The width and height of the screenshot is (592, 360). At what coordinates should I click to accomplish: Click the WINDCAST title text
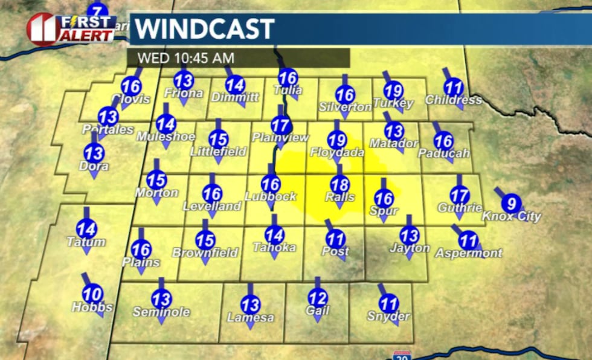[204, 29]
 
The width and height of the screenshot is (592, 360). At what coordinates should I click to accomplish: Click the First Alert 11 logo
[71, 28]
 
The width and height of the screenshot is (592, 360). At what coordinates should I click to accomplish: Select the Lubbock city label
[271, 196]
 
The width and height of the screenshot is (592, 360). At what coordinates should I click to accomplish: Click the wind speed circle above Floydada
[337, 140]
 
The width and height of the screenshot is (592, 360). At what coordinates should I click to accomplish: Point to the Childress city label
[453, 100]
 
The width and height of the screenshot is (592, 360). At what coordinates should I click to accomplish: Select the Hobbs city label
[92, 307]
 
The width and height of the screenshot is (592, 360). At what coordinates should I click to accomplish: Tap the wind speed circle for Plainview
[280, 125]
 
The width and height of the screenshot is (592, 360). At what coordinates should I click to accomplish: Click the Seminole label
[161, 312]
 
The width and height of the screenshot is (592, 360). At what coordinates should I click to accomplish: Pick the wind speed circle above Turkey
[393, 89]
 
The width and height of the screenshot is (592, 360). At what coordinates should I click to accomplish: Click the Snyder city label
[388, 317]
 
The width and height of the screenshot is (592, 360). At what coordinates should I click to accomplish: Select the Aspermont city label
[469, 253]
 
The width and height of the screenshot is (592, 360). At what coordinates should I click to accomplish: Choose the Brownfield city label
[205, 253]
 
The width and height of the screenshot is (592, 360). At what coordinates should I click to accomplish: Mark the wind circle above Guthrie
[460, 195]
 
